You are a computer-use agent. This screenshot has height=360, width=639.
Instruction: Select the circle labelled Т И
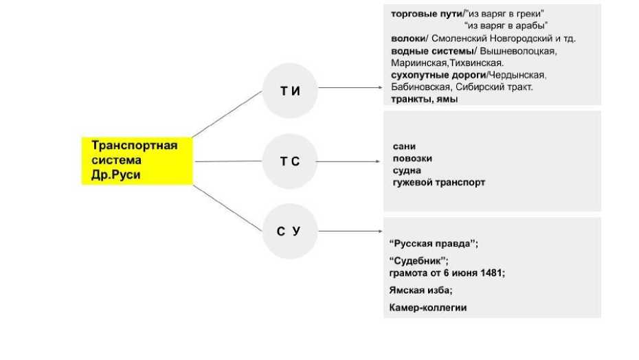click(290, 91)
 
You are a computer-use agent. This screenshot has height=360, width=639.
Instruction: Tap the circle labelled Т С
click(290, 163)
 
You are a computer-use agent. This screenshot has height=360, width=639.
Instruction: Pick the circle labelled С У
click(290, 232)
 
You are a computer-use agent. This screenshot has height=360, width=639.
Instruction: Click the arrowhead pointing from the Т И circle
click(378, 88)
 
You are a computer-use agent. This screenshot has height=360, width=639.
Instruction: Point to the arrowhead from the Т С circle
click(378, 162)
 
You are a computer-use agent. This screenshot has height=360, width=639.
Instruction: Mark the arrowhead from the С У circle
click(378, 232)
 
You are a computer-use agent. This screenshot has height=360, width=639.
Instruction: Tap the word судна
click(407, 170)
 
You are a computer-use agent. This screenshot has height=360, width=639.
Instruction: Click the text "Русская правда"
click(433, 245)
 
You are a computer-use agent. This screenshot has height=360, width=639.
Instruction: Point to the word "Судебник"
click(418, 261)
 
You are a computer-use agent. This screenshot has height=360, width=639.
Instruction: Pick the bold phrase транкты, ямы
click(424, 100)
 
